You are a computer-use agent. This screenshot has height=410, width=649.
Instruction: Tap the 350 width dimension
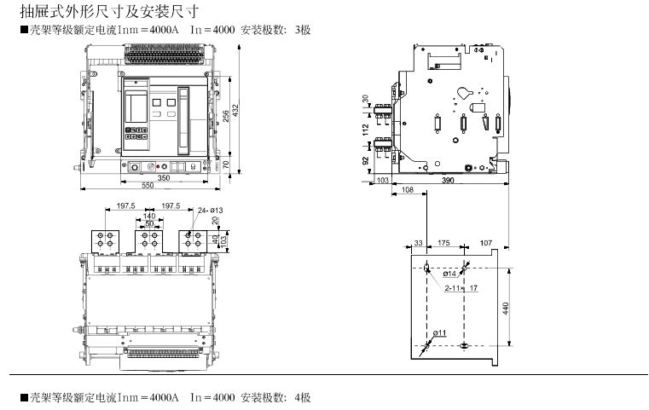[x=163, y=178]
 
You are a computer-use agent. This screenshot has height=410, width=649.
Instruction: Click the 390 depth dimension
[x=448, y=181]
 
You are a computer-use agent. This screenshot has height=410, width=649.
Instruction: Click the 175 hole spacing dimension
[x=443, y=244]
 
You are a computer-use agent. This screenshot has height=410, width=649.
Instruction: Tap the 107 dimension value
[x=486, y=244]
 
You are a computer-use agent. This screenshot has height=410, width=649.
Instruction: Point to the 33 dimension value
[x=418, y=244]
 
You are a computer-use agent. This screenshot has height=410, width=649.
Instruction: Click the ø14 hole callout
[x=450, y=274]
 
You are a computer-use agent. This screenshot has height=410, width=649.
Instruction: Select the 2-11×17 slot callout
[x=461, y=288]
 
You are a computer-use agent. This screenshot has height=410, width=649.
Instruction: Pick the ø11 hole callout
[x=440, y=332]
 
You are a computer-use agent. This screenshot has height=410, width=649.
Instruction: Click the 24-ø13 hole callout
[x=210, y=210]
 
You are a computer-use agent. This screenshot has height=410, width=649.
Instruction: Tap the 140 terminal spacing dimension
[x=149, y=217]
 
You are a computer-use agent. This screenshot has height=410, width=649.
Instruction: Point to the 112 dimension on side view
[x=366, y=130]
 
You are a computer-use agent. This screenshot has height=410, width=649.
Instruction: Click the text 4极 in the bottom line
[x=304, y=398]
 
